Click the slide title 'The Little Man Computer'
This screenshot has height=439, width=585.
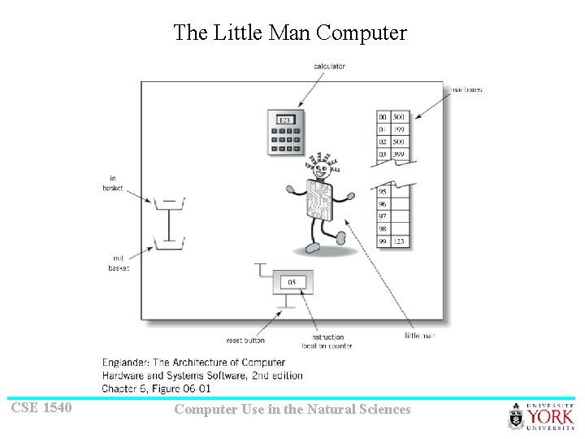coord(289,33)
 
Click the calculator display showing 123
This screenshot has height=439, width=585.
coord(284,120)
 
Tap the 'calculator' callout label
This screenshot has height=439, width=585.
coord(329,66)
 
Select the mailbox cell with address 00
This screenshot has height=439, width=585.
coord(383,117)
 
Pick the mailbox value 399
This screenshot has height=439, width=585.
coord(399,154)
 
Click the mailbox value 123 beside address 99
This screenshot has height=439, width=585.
coord(399,241)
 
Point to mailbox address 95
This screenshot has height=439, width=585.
coord(383,192)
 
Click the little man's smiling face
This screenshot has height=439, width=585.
coord(320,169)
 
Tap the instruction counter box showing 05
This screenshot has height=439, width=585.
coord(292,282)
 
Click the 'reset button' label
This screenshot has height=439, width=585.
coord(245,340)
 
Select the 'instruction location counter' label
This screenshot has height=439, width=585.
coord(327,341)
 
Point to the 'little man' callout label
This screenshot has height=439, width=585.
coord(420,336)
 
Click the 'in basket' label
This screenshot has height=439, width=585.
coord(111,183)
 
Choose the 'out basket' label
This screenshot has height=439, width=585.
coord(119,263)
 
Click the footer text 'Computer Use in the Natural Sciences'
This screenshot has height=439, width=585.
coord(292,410)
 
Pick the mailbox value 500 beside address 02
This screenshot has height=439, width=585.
coord(399,141)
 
